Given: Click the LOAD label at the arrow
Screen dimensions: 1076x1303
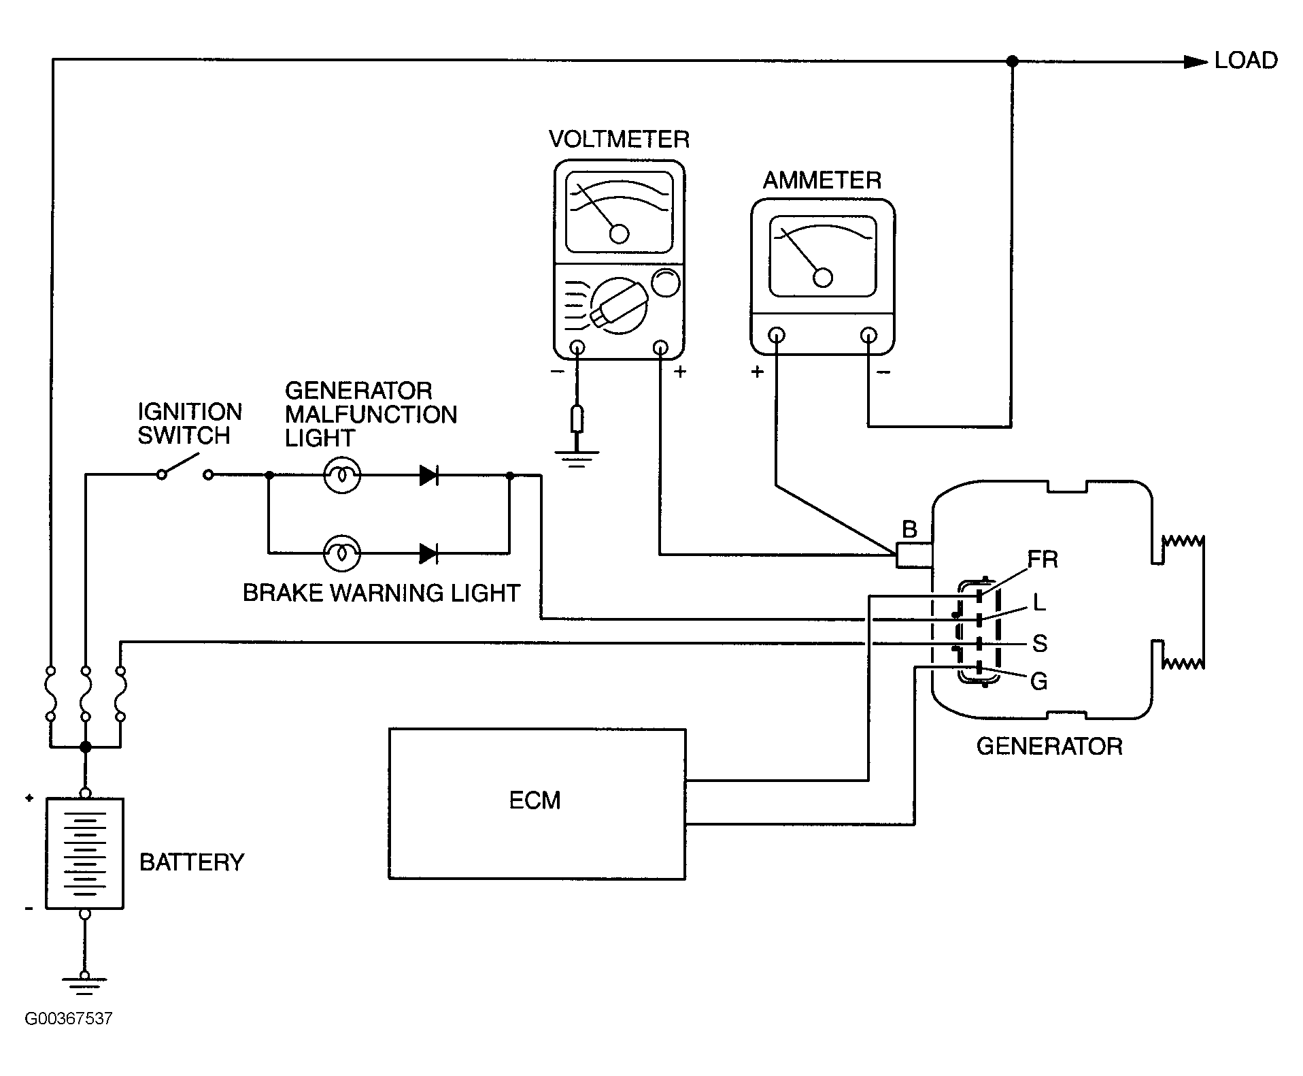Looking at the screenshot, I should (x=1245, y=61).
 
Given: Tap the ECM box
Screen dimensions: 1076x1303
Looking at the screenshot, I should (x=537, y=803).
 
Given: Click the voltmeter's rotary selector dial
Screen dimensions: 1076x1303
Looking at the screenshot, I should (x=617, y=306).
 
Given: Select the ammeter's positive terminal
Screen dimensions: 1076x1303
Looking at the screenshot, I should (x=776, y=335).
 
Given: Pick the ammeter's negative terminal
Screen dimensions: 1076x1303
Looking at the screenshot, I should (x=868, y=335).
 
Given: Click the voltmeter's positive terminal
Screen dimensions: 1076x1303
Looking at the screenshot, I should (x=660, y=348).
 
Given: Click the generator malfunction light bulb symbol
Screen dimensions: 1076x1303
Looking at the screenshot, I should (x=341, y=475).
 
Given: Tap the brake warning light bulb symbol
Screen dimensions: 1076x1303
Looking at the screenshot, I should (x=341, y=553).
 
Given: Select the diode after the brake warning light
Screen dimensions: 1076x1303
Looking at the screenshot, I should (x=428, y=553).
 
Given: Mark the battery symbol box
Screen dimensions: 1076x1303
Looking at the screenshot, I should (x=84, y=853).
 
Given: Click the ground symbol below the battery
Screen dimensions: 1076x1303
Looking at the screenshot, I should (x=84, y=985).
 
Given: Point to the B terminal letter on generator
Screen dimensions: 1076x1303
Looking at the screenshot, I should (x=909, y=529).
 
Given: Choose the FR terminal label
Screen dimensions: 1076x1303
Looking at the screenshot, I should (x=1042, y=559).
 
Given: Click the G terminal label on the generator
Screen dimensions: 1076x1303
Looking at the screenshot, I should (x=1038, y=681).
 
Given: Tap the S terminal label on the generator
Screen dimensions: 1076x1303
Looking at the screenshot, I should (x=1039, y=643).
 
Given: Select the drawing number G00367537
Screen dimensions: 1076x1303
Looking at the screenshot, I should (x=68, y=1038).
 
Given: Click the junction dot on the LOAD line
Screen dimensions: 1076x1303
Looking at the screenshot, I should (x=1011, y=61).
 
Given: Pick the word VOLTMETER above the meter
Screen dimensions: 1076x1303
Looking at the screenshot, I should (x=619, y=140).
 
